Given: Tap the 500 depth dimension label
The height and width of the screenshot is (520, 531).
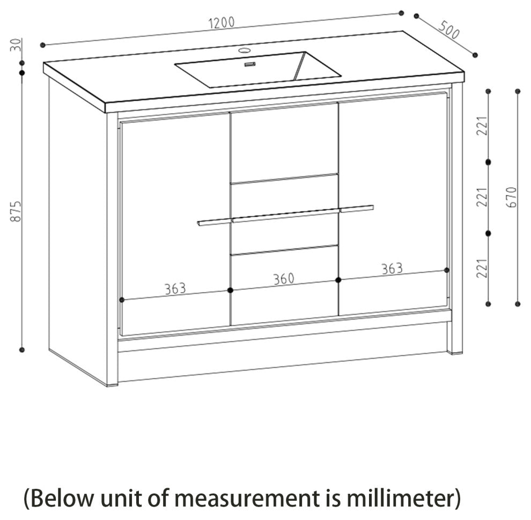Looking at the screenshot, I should point(449,31).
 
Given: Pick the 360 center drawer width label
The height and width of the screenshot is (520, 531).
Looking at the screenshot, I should point(284,279).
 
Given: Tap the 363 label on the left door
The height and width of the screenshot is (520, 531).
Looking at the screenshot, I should point(175,288).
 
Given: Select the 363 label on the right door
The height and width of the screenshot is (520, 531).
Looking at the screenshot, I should point(392,269).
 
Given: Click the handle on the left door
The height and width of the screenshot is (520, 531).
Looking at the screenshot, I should point(213,222).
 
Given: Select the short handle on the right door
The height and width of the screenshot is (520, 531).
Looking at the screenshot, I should point(357,209).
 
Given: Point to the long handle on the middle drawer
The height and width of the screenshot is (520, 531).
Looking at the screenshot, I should point(285,216).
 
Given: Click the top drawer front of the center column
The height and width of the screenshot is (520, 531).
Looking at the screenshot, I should point(284,140).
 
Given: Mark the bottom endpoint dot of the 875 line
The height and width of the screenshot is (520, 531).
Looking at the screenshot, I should point(22,350).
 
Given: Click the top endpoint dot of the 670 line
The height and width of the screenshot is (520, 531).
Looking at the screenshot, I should point(518,91).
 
